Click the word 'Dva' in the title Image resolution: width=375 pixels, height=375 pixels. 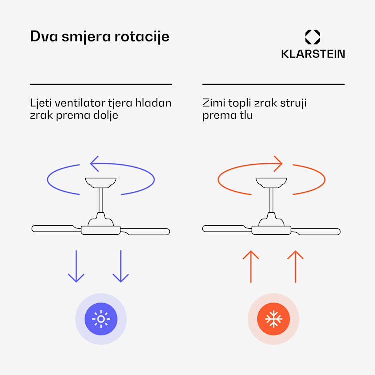click(42, 37)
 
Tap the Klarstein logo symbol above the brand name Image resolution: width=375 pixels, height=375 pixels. click(313, 37)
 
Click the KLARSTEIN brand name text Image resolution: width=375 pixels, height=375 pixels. click(313, 54)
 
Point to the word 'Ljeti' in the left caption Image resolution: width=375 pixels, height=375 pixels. click(40, 103)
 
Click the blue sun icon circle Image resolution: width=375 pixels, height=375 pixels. click(101, 319)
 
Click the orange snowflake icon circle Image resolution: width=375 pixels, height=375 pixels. click(273, 319)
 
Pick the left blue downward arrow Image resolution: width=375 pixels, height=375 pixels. click(76, 266)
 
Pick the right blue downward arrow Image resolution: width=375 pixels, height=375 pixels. click(121, 266)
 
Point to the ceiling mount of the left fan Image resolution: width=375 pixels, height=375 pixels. click(101, 182)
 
